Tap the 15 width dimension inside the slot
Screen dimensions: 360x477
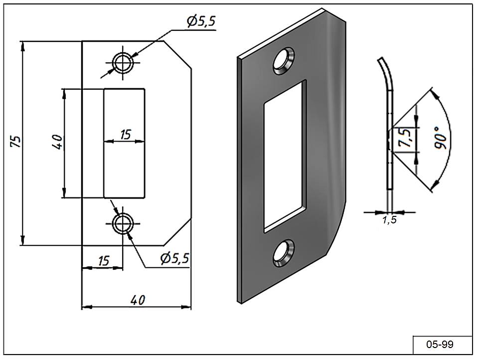[x=125, y=134]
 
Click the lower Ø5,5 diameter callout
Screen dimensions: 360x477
[x=174, y=258]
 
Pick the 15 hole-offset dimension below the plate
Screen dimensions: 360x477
[x=103, y=261]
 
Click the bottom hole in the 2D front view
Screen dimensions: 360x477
[x=122, y=223]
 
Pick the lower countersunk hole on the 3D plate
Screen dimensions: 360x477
[x=282, y=252]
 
